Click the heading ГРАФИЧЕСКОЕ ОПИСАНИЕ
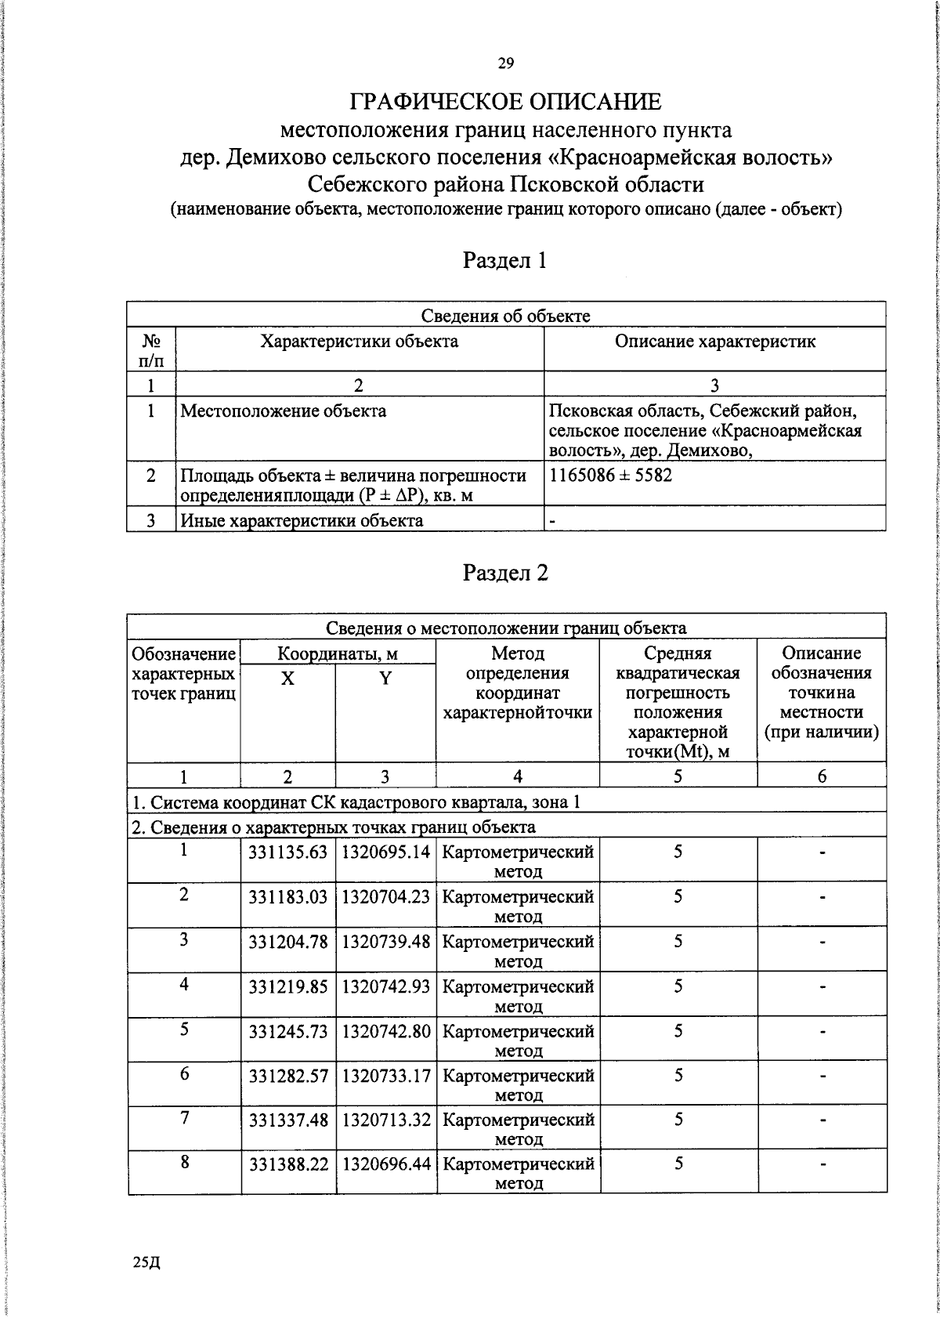click(505, 102)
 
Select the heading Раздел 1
click(505, 260)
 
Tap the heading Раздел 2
click(505, 573)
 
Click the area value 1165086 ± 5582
click(611, 476)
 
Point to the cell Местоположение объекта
click(283, 411)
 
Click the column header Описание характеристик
click(714, 342)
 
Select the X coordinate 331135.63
click(287, 852)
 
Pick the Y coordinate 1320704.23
click(385, 896)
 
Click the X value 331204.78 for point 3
click(287, 941)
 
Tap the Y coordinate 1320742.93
click(385, 986)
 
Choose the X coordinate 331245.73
click(287, 1030)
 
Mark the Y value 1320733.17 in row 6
click(385, 1075)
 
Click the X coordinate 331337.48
click(287, 1120)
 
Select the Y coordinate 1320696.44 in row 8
click(385, 1164)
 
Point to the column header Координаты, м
click(338, 653)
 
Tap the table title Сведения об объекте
click(505, 316)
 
